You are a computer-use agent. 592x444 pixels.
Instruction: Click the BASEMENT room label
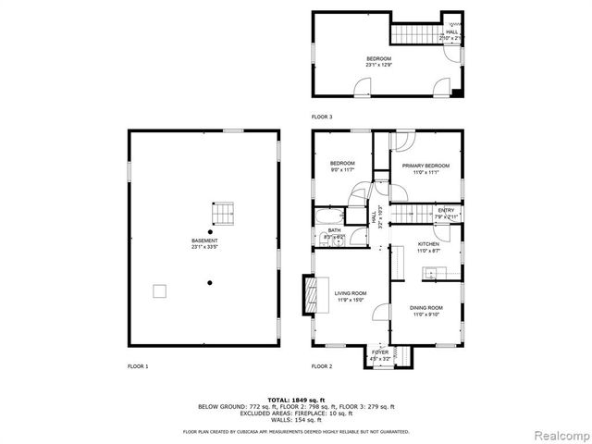pos(203,240)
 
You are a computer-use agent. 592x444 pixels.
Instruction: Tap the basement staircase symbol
pos(221,214)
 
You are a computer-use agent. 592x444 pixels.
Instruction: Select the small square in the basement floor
pos(160,291)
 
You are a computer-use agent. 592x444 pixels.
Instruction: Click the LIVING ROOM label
pos(351,293)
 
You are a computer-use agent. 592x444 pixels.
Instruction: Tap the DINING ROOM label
pos(427,307)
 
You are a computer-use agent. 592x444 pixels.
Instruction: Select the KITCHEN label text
pos(427,244)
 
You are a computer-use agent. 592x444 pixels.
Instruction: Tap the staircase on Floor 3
pos(412,34)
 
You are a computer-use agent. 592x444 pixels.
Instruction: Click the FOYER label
pos(380,352)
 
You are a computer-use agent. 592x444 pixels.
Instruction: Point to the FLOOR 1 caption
pos(138,366)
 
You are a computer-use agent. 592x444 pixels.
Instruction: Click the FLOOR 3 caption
pos(322,117)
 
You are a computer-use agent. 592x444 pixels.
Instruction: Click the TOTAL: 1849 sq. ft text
pos(296,400)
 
